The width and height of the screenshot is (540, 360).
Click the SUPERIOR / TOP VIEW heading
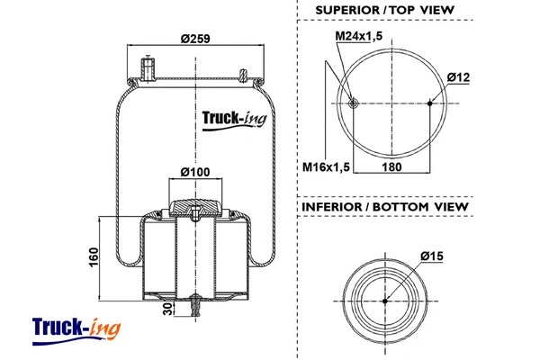pyautogui.click(x=384, y=11)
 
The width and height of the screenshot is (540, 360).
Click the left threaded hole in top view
pyautogui.click(x=355, y=103)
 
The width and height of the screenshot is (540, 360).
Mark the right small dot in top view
pyautogui.click(x=430, y=103)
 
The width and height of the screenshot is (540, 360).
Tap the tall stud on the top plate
pyautogui.click(x=148, y=68)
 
